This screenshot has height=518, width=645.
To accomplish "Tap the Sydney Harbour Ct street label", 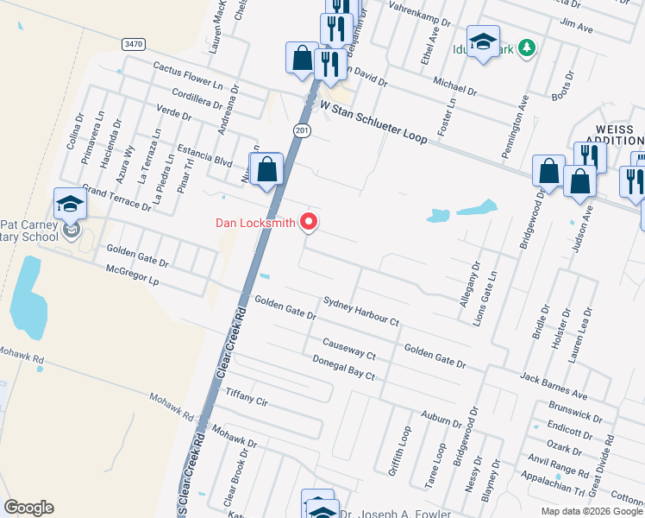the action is point(360,312).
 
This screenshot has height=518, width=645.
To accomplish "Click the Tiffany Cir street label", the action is point(247,397).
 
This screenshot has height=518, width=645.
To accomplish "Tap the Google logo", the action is point(28,508).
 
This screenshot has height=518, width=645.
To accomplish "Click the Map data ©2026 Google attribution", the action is point(592,511).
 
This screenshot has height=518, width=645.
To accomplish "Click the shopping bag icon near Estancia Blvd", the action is point(267,170).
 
